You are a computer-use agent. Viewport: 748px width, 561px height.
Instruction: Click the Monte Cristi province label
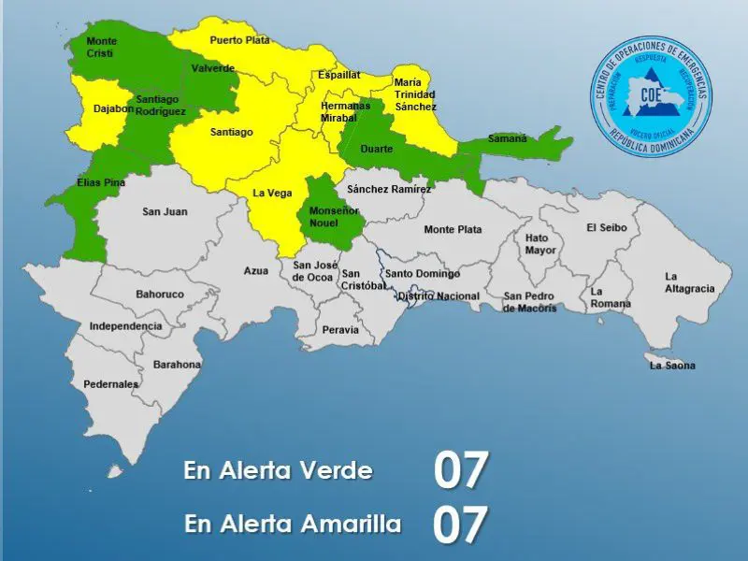point(100,48)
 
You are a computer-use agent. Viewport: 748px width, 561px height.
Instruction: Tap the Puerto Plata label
point(239,40)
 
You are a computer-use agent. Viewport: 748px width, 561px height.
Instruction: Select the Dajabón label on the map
point(114,109)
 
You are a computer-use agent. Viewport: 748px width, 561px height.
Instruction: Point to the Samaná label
point(507,138)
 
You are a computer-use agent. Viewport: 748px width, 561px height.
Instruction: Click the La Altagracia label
point(689,282)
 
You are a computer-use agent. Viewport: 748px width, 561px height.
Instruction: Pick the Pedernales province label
point(110,384)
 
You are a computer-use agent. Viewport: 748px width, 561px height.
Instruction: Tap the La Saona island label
point(672,366)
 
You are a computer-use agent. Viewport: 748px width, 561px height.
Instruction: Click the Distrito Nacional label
point(439,296)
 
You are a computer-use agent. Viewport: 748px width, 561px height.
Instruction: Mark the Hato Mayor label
point(540,244)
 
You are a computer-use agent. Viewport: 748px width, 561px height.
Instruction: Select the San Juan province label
point(165,212)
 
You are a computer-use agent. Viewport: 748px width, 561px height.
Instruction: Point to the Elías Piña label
point(100,183)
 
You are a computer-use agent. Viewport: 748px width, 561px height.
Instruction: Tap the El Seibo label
point(606,227)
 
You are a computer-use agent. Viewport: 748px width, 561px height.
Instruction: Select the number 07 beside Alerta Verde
point(461,470)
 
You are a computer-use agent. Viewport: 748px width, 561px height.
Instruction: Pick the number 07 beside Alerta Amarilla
point(461,525)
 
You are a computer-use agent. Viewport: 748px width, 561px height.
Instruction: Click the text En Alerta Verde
point(278,470)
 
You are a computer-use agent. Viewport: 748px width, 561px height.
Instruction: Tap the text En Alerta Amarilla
point(293,524)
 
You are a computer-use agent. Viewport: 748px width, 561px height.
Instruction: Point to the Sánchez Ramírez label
point(388,189)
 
